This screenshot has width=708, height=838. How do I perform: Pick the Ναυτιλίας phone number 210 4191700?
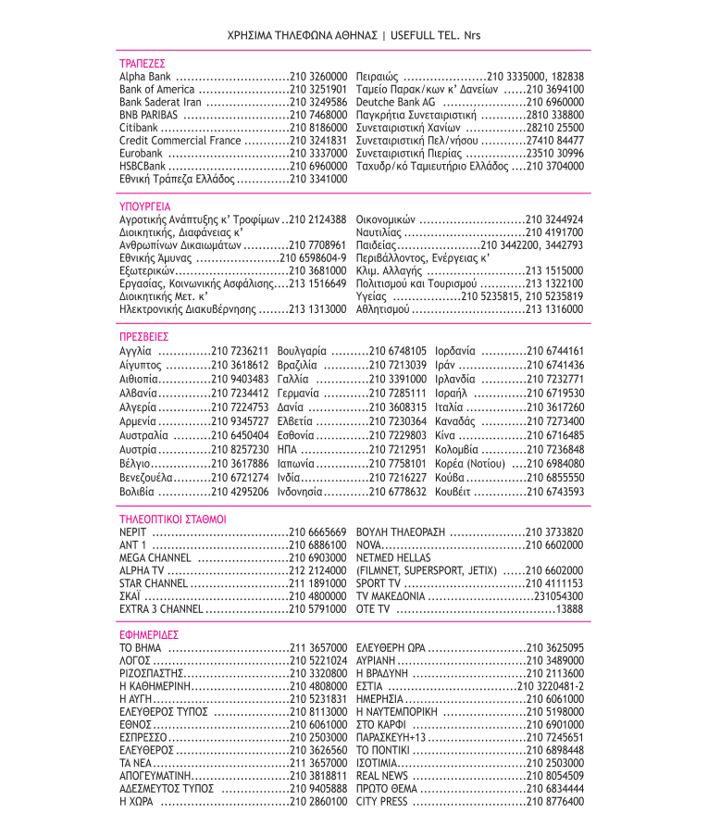554,231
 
